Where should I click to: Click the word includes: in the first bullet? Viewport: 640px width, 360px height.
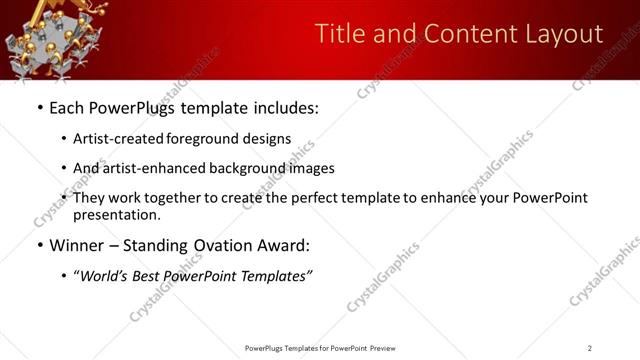[282, 107]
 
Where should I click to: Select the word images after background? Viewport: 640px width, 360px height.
[311, 168]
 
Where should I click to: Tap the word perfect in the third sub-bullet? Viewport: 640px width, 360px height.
[331, 198]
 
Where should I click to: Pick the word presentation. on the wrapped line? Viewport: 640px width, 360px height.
[116, 214]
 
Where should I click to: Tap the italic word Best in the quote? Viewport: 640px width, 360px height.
[157, 276]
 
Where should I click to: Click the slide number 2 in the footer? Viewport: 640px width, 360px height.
[589, 348]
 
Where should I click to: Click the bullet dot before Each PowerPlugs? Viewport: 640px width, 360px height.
[39, 108]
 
